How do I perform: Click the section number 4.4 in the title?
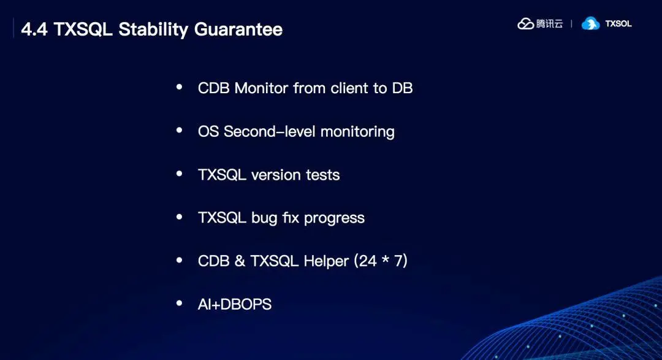(34, 29)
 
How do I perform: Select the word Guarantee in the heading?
(238, 29)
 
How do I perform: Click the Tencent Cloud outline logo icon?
(526, 24)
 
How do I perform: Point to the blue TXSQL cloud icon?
(591, 24)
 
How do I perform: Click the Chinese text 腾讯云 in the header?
(550, 24)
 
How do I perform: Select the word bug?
(264, 218)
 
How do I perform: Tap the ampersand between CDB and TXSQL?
(240, 261)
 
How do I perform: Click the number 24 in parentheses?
(367, 261)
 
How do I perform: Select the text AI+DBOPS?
(235, 304)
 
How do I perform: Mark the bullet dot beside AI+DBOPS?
(180, 303)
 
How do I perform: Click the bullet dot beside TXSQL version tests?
(180, 174)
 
